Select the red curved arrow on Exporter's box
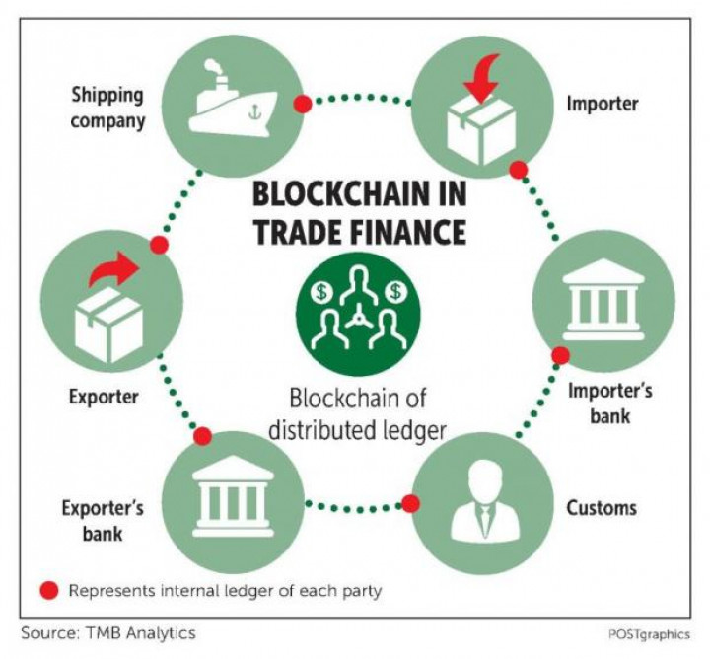[x=108, y=270]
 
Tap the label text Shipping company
[x=106, y=109]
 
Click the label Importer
[x=602, y=102]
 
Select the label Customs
[x=602, y=508]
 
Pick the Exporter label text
[x=103, y=398]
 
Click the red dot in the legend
[x=48, y=591]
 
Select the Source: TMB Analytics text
[x=108, y=632]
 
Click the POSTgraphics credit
[x=648, y=634]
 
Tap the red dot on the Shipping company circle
[x=304, y=103]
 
